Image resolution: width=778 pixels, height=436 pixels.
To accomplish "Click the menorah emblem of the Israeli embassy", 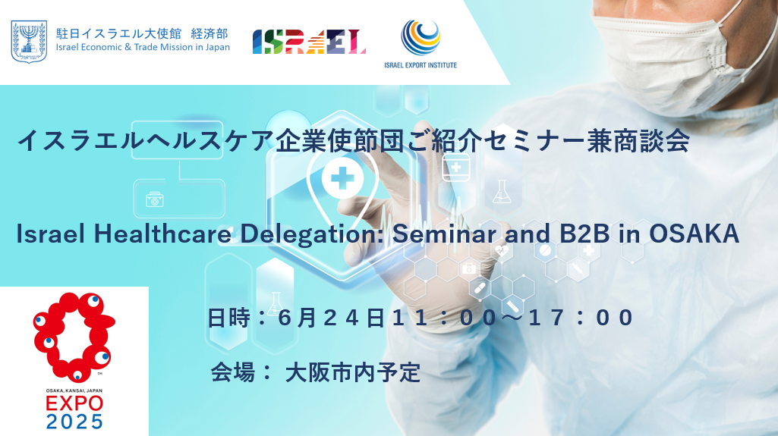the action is click(30, 42).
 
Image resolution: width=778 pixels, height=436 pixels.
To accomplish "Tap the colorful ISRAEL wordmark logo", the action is click(309, 42).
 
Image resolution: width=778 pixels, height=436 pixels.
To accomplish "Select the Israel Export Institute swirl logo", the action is click(420, 37).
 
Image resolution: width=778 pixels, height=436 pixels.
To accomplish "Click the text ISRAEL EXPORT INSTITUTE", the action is click(420, 65).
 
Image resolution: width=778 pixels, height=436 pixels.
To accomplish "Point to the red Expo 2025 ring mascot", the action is click(74, 337).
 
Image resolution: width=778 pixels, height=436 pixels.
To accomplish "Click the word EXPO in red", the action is click(74, 403).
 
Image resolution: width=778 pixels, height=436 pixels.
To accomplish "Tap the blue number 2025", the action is click(74, 422).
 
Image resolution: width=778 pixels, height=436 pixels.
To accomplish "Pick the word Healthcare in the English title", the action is click(162, 234).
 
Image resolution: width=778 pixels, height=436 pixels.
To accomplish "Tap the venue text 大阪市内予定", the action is click(353, 372).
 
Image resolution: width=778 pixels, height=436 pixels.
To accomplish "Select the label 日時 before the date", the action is click(228, 318).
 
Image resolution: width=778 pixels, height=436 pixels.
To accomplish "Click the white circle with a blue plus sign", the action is click(342, 178).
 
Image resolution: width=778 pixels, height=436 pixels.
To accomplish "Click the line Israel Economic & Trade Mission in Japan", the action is click(143, 48).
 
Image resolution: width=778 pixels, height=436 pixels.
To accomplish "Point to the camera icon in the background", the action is click(155, 199).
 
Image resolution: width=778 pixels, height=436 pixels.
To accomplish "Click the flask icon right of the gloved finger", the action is click(502, 192).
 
